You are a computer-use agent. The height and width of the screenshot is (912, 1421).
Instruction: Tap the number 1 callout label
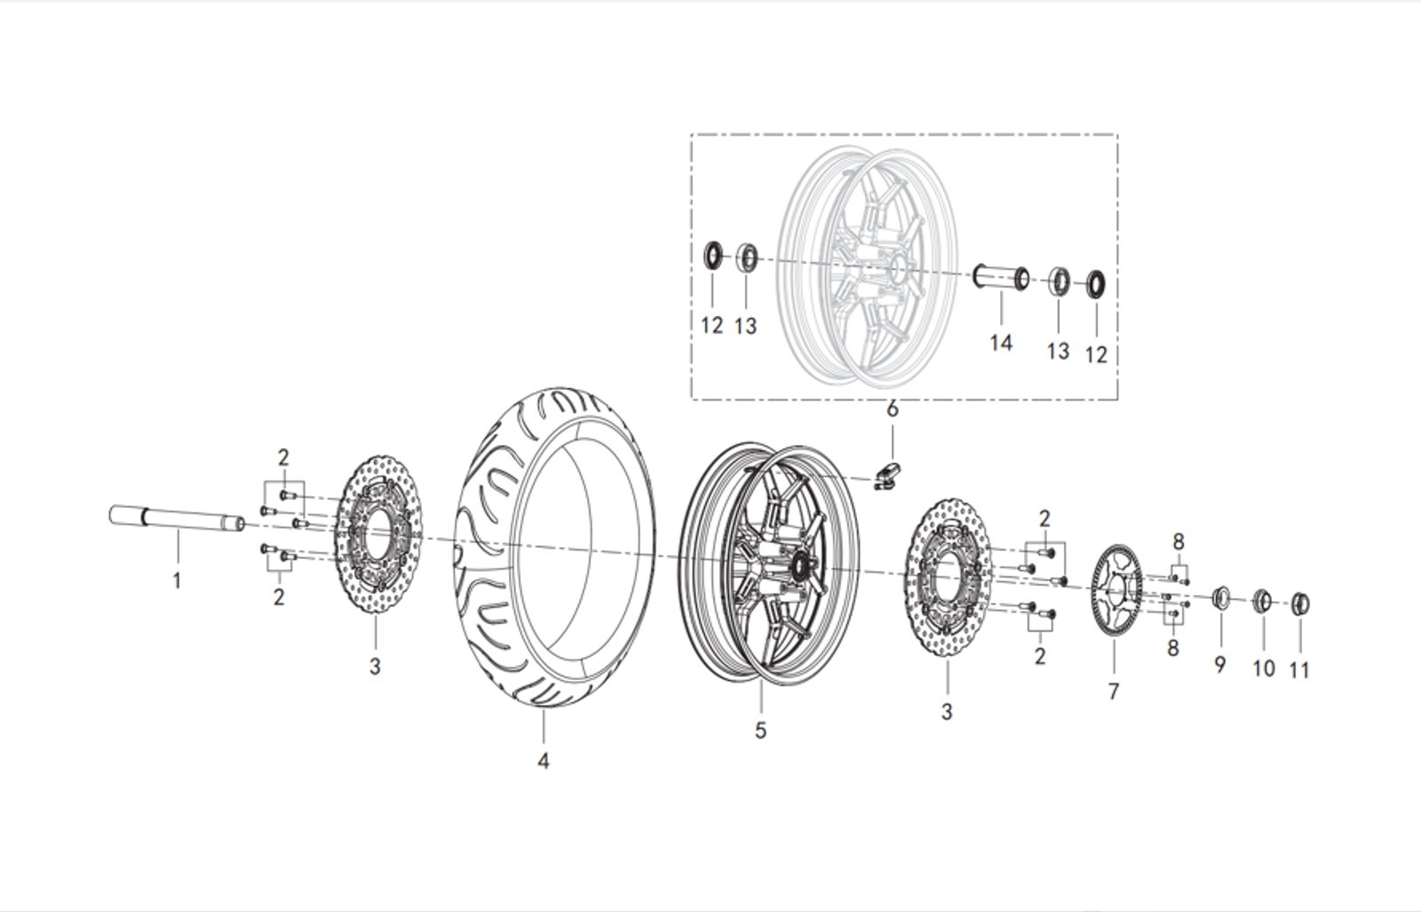click(177, 582)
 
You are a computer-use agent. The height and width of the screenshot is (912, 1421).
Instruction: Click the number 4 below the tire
click(543, 761)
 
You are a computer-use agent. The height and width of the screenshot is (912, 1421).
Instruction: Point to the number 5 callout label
click(760, 730)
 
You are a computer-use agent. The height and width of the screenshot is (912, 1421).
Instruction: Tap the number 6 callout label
click(893, 409)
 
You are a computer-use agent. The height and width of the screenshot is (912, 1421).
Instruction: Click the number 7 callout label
click(1114, 690)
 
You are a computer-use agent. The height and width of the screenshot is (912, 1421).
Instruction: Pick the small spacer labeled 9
click(1221, 597)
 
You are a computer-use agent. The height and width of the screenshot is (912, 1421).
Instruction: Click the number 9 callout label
click(1219, 663)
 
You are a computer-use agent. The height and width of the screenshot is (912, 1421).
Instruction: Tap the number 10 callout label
click(1263, 668)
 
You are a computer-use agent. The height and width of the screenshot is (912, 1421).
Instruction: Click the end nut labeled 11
click(1300, 604)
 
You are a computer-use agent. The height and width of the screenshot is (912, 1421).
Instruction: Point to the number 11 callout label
click(1298, 670)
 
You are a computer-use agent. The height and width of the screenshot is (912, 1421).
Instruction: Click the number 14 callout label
click(1000, 342)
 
